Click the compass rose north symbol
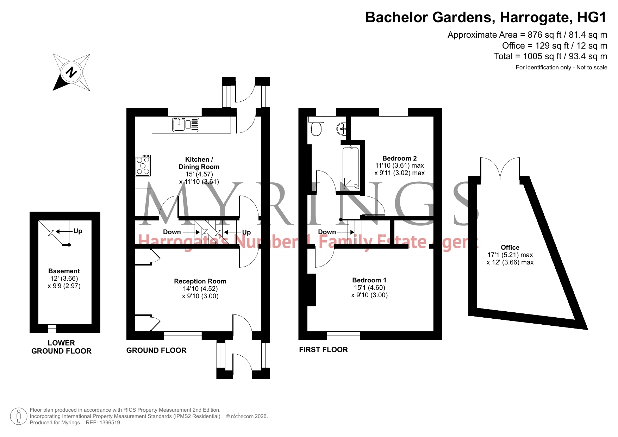[71, 72]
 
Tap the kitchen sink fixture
[186, 125]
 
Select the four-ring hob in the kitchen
[143, 166]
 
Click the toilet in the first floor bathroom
[316, 126]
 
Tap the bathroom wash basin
[342, 129]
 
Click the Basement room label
[64, 271]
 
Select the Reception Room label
[200, 281]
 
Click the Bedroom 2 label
[399, 158]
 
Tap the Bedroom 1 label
[369, 280]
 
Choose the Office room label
[510, 248]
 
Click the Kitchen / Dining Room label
[199, 163]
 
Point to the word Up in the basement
[78, 231]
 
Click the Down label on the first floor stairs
[327, 232]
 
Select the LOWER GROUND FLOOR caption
[61, 347]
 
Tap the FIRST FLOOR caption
[323, 350]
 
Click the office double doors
[500, 168]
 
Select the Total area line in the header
[550, 56]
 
